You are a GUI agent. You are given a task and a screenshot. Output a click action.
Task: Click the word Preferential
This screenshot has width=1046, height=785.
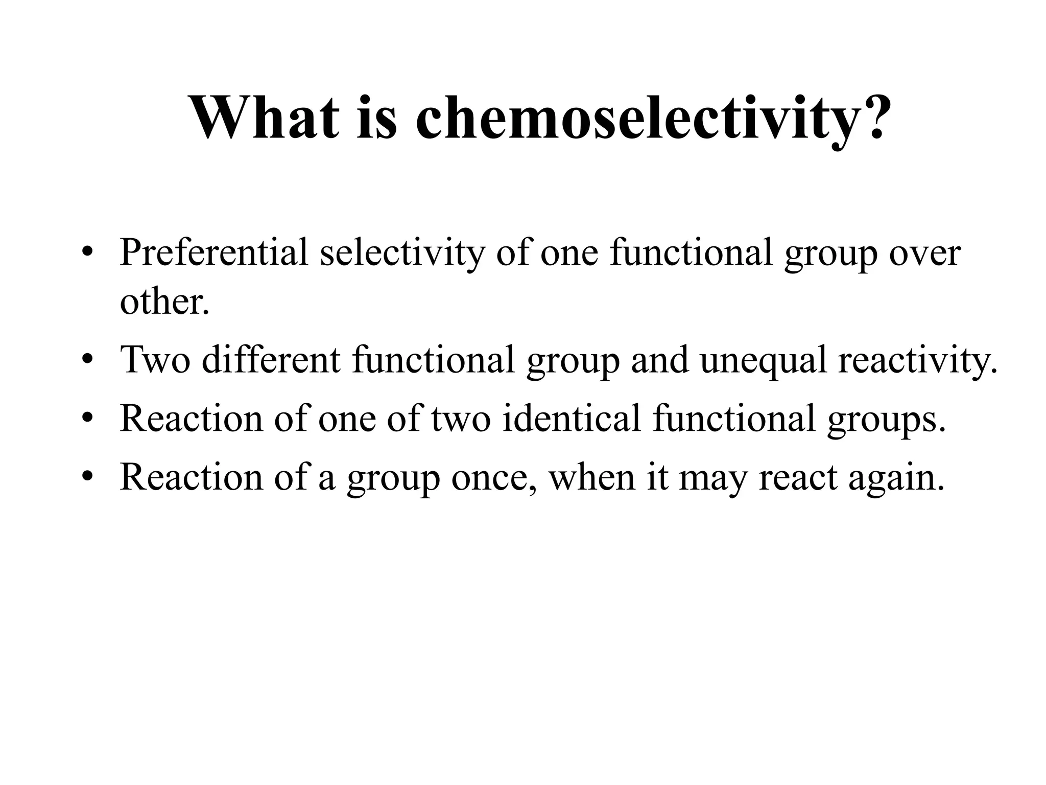214,252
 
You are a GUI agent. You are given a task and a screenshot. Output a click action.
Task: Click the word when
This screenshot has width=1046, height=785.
591,477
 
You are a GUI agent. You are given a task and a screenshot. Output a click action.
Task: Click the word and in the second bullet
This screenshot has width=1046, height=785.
660,360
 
